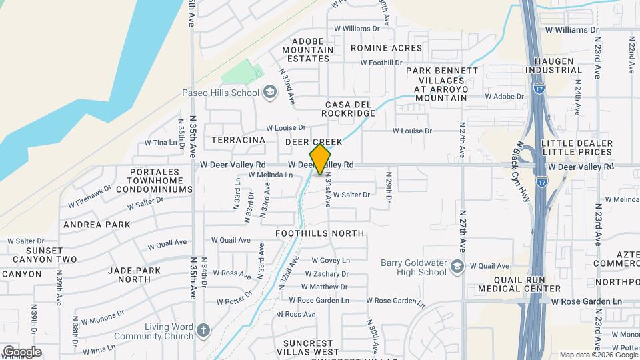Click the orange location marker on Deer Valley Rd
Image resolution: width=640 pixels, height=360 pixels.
(x=320, y=159)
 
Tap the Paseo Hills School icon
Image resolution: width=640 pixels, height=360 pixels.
(x=269, y=92)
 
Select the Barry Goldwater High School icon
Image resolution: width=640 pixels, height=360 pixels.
(x=457, y=267)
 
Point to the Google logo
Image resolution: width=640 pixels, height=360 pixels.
(x=22, y=352)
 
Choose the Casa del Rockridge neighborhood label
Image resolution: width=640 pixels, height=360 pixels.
(x=350, y=109)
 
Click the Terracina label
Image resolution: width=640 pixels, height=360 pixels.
(x=238, y=141)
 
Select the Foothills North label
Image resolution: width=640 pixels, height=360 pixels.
(x=320, y=233)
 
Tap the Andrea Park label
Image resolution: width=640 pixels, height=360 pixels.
(x=97, y=225)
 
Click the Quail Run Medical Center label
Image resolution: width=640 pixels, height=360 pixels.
(x=519, y=284)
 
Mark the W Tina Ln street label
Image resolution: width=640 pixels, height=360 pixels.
(x=165, y=143)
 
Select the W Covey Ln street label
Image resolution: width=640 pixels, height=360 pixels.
(x=327, y=261)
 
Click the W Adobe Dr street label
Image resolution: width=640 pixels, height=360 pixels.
(x=504, y=96)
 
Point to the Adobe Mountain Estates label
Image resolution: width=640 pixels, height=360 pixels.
(x=307, y=49)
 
